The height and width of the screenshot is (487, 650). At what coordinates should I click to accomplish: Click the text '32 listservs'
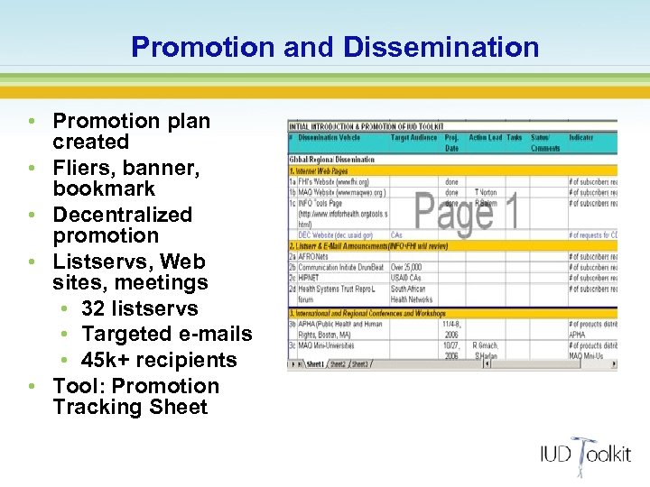[139, 308]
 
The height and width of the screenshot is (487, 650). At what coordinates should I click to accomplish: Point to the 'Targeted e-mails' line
[166, 334]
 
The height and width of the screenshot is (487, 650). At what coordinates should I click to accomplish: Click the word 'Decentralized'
[122, 215]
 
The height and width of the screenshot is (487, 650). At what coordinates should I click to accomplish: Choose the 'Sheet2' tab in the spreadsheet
[338, 364]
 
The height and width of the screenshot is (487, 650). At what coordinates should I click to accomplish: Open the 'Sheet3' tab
[360, 364]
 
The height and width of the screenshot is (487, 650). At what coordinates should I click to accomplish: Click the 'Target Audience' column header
[413, 138]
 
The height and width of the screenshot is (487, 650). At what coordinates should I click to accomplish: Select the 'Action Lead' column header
[485, 138]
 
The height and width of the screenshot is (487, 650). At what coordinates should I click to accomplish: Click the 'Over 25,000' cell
[406, 268]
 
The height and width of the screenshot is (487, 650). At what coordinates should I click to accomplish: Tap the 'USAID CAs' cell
[405, 279]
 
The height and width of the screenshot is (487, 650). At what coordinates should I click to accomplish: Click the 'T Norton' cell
[486, 192]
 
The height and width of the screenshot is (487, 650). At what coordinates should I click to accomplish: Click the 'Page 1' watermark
[466, 210]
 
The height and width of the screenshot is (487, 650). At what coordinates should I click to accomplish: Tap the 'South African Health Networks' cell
[412, 294]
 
